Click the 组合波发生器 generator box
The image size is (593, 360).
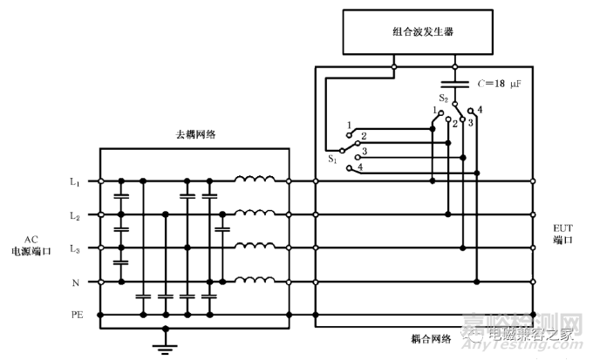(x=422, y=33)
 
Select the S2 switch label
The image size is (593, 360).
(x=444, y=98)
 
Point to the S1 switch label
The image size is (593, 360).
(x=332, y=159)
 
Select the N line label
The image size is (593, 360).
(x=76, y=282)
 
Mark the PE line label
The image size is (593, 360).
(x=75, y=314)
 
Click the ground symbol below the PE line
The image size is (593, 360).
(x=160, y=346)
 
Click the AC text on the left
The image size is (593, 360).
(x=31, y=238)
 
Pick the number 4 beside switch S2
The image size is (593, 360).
(x=481, y=108)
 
